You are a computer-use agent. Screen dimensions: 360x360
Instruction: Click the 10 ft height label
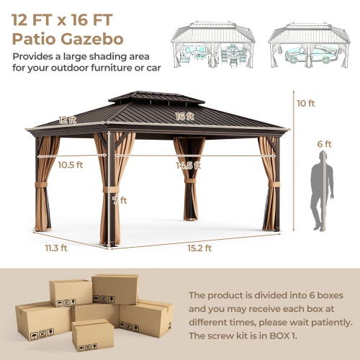click(306, 103)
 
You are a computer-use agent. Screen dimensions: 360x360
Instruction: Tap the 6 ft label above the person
click(325, 144)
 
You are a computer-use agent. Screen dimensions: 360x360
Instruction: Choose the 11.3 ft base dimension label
click(55, 248)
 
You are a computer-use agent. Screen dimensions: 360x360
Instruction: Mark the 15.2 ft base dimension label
click(199, 248)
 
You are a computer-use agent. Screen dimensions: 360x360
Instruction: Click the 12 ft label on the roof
click(67, 120)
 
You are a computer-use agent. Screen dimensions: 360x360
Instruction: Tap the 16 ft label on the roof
click(186, 114)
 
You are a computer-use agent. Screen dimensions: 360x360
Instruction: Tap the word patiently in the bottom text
click(328, 322)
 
